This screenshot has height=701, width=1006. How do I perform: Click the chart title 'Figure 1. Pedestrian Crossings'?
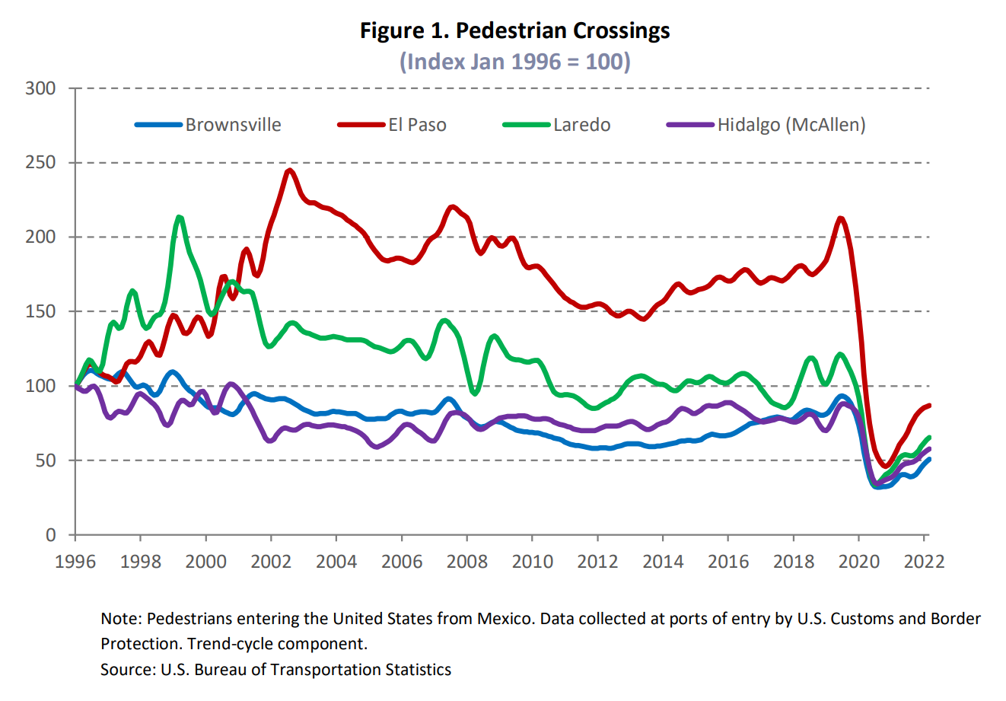(x=514, y=31)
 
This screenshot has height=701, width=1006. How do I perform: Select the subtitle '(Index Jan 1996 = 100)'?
(x=514, y=61)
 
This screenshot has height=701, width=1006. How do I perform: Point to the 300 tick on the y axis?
(x=40, y=88)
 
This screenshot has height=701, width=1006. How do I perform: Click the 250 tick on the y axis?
(x=40, y=163)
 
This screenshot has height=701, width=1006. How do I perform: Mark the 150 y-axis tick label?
(x=40, y=311)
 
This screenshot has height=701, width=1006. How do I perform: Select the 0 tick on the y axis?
(x=50, y=535)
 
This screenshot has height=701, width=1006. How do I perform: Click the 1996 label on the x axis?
(x=75, y=562)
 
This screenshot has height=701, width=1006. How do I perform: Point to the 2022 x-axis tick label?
(x=924, y=562)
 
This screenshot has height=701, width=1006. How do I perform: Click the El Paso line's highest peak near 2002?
(x=289, y=170)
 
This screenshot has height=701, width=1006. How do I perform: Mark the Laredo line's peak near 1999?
(x=179, y=218)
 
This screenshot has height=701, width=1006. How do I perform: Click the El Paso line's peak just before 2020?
(x=840, y=219)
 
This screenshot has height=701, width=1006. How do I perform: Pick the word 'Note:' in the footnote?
(x=121, y=619)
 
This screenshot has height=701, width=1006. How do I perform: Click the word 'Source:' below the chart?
(x=128, y=670)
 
